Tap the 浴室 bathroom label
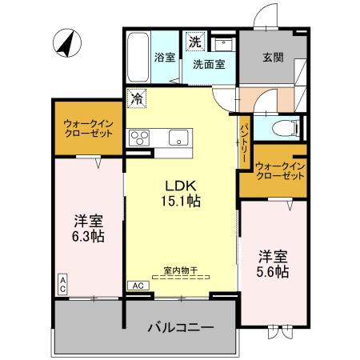164,58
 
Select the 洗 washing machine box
194,39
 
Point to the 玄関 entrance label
273,57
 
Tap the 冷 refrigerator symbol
138,98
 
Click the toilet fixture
284,128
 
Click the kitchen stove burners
139,134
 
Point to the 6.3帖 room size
86,237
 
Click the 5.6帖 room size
273,272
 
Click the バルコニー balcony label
180,327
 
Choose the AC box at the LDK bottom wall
137,285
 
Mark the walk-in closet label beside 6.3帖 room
89,129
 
